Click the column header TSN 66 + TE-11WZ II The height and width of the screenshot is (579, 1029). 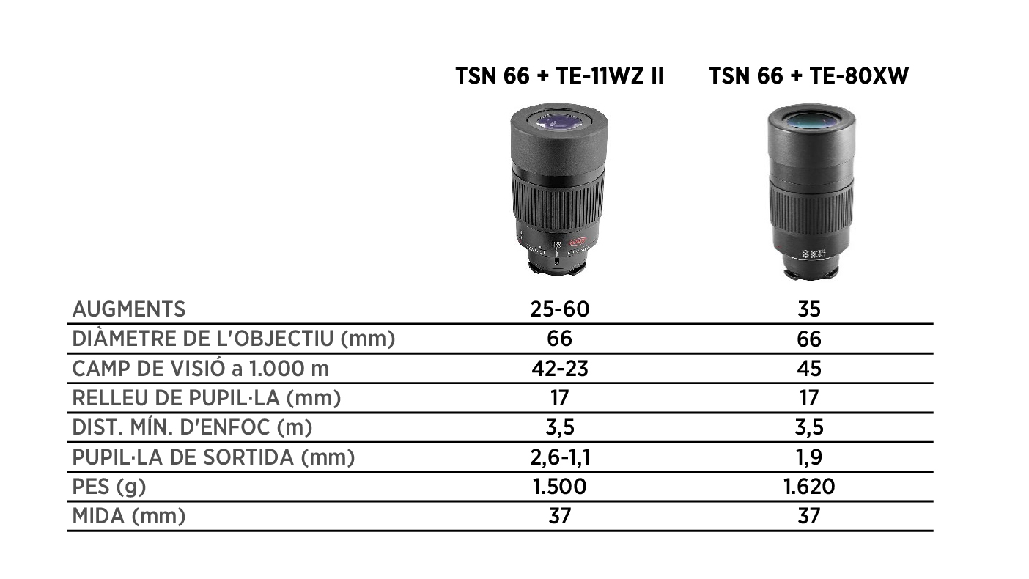tap(559, 75)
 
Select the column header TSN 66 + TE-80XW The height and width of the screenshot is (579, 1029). tap(809, 75)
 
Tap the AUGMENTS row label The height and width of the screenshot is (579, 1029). tap(129, 309)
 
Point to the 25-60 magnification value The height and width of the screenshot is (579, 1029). tap(559, 309)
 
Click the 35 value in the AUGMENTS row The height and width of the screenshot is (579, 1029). tap(809, 309)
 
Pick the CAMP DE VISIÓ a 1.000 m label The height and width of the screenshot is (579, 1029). tap(201, 369)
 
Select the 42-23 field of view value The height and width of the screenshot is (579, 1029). tap(560, 369)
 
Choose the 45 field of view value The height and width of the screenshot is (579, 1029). tap(809, 369)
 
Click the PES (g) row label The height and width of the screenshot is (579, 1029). tap(109, 487)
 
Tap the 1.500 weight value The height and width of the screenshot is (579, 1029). tap(559, 487)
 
